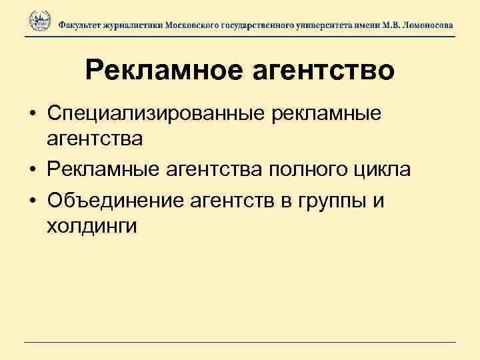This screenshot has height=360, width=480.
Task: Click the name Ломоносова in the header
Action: (x=425, y=24)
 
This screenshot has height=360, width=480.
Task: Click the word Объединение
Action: (x=118, y=200)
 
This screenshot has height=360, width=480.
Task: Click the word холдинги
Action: (x=92, y=227)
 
